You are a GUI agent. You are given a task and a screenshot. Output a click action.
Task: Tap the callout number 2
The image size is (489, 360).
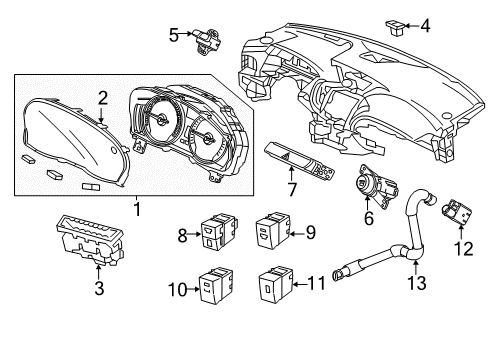(x=102, y=96)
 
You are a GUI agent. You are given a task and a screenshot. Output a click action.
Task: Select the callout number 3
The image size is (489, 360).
(x=97, y=290)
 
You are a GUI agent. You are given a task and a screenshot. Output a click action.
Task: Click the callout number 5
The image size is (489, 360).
(x=173, y=35)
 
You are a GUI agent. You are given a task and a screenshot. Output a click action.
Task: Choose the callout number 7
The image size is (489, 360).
(x=292, y=189)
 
